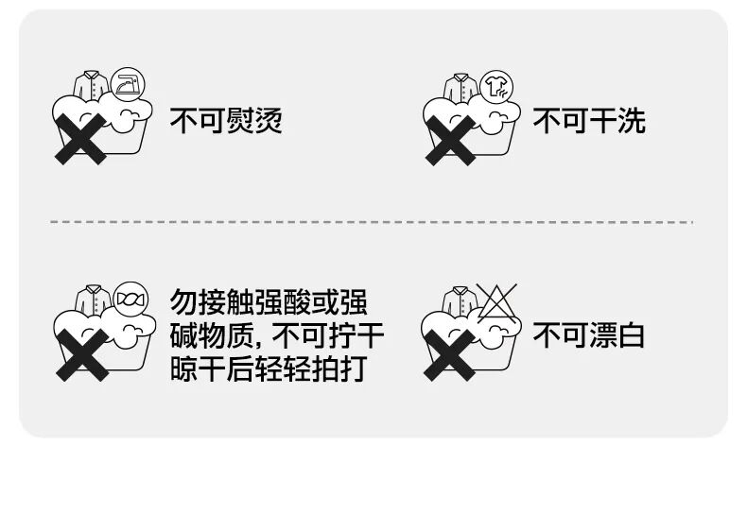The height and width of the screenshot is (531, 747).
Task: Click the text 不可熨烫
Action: tap(225, 121)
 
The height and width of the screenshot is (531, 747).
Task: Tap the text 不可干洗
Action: tap(588, 121)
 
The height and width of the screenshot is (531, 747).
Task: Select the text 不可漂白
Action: tap(588, 335)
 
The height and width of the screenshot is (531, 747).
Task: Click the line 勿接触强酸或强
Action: tap(268, 303)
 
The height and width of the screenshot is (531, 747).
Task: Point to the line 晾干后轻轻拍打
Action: tap(268, 368)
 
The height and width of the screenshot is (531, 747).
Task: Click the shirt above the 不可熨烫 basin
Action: tap(92, 85)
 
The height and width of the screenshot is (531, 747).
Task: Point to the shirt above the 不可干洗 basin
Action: tap(460, 87)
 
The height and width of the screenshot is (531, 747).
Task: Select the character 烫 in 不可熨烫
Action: tap(268, 121)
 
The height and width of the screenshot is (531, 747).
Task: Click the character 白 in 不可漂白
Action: tap(631, 335)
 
